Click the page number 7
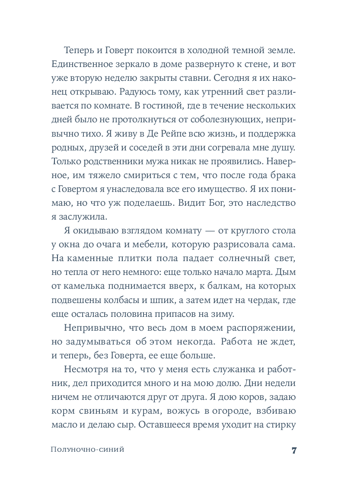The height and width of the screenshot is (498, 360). [293, 450]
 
